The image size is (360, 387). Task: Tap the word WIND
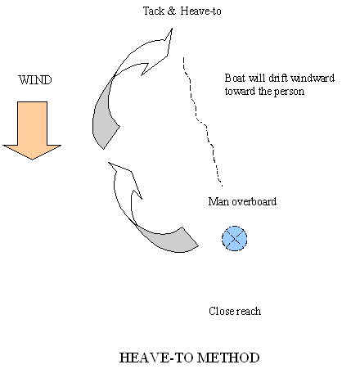tap(35, 80)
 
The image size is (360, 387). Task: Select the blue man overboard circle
tap(235, 238)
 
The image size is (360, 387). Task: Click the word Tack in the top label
tap(154, 11)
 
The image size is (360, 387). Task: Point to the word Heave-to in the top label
tap(200, 11)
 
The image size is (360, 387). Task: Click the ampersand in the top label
tap(172, 11)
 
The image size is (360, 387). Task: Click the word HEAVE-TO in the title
tap(156, 358)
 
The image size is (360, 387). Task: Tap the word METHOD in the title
tap(228, 358)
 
